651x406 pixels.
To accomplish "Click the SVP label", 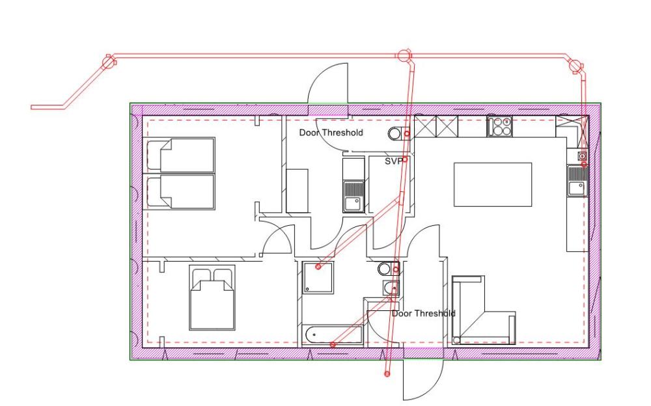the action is pos(393,161).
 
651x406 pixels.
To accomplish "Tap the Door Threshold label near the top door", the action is pos(331,133).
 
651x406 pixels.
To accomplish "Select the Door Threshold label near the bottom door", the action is pos(424,314).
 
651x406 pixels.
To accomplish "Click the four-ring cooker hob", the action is pos(499,126).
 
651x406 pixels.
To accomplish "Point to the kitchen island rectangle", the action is pos(492,184).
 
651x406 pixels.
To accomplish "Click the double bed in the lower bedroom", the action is pos(212,297).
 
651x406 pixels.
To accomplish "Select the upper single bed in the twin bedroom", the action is pos(181,155).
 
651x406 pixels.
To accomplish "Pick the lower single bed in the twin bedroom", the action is pos(181,191).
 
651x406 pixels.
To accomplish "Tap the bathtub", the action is pos(333,334).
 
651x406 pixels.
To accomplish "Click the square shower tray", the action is pos(318,277).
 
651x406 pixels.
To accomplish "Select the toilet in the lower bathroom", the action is pos(389,269).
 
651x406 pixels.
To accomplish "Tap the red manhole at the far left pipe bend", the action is pos(108,62).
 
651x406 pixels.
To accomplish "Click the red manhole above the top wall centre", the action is pos(403,55).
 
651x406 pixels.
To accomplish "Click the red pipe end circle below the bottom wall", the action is pos(387,374).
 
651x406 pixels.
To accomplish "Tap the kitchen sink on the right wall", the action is pos(577,181).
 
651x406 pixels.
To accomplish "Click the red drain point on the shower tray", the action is pos(318,267).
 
